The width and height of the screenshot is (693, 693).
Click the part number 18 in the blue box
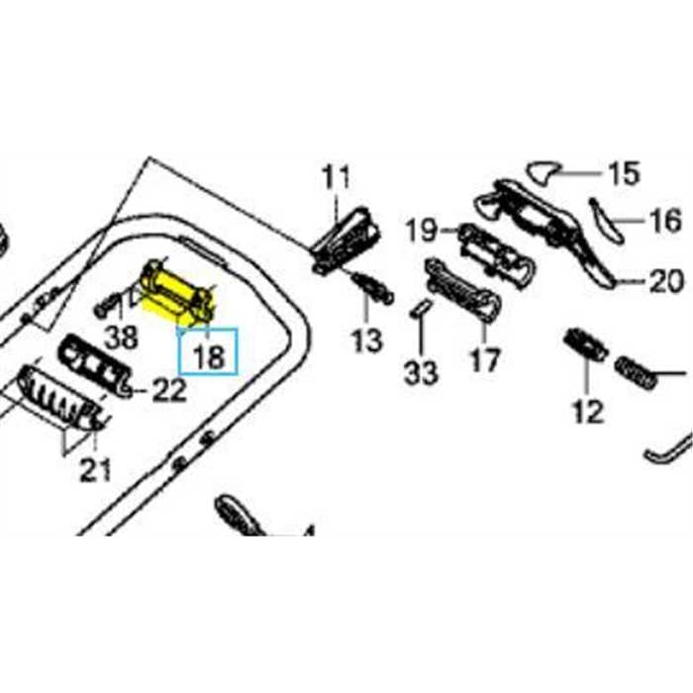click(x=210, y=353)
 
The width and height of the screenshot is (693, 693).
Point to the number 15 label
click(x=624, y=175)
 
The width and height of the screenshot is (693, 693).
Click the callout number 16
click(x=665, y=219)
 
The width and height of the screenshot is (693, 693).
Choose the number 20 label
click(x=665, y=281)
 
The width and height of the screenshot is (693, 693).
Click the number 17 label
click(x=484, y=359)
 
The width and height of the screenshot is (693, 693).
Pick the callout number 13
click(x=365, y=342)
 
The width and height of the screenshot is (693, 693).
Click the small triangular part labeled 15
click(x=544, y=173)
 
